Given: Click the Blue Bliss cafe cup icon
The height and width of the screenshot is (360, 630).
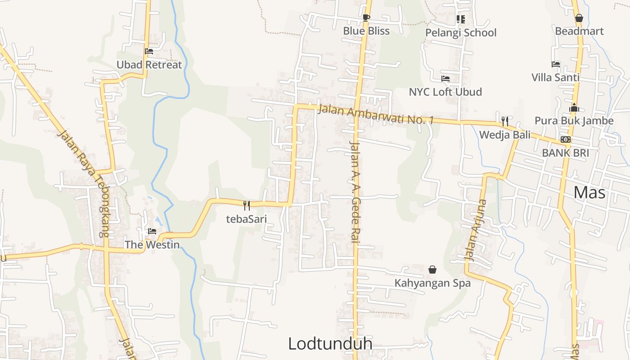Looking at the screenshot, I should click(366, 18).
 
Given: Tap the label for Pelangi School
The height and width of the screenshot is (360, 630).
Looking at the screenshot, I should click(461, 33).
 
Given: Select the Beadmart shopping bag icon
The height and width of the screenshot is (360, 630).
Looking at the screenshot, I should click(579, 18).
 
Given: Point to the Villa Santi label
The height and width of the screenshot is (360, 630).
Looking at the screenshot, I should click(555, 77).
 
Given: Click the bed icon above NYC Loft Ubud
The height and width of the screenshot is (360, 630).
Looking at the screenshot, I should click(445, 79).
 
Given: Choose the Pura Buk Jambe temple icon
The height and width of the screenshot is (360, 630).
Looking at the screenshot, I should click(574, 108).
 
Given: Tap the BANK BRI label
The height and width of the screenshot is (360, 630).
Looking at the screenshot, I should click(565, 153).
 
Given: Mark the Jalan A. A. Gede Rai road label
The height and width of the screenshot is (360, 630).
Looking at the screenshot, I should click(355, 192).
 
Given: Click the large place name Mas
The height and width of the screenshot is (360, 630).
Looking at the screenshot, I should click(589, 193).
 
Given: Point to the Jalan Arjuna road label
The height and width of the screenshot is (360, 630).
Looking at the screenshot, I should click(476, 230).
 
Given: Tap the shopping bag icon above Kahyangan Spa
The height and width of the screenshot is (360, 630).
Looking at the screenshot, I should click(432, 270).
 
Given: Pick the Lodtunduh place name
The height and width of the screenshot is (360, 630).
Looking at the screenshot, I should click(330, 344).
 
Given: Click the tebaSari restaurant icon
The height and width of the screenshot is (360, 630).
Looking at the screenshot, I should click(247, 206).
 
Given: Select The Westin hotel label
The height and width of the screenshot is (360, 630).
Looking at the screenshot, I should click(152, 245).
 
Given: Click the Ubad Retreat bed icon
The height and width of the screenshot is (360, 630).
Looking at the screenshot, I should click(149, 51).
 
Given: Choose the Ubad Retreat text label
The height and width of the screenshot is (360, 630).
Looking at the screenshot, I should click(149, 65).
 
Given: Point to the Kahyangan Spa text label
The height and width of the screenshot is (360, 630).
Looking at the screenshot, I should click(432, 283).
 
